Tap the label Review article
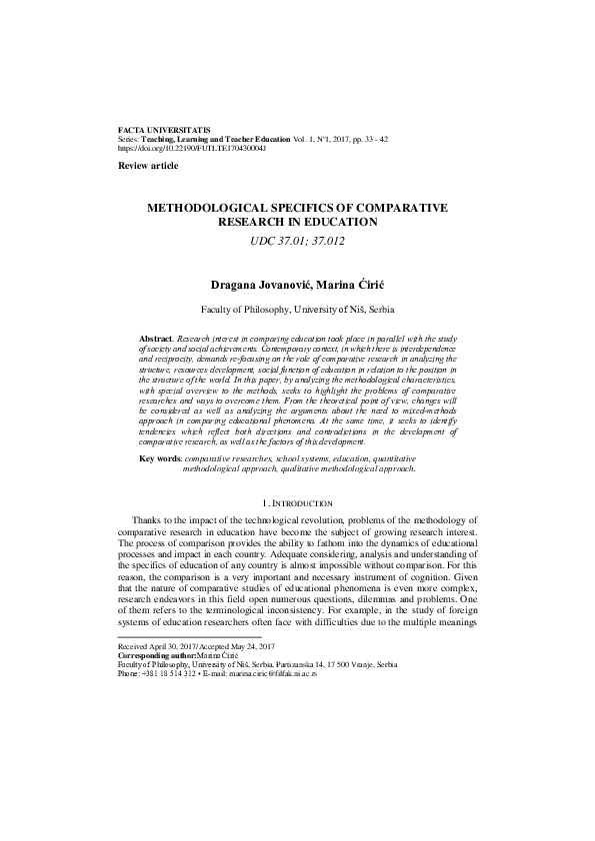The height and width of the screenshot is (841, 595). pos(145,164)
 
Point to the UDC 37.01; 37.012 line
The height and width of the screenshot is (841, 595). pos(298,240)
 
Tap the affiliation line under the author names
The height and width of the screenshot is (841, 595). pos(298,311)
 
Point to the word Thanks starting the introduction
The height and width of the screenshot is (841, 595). pos(150,520)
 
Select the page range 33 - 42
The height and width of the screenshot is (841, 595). pos(395,139)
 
